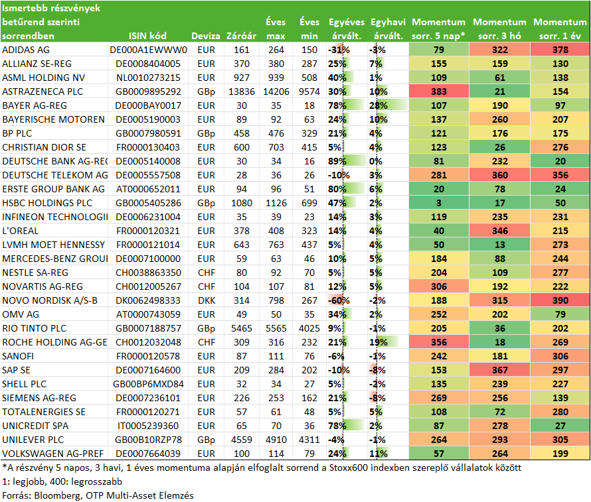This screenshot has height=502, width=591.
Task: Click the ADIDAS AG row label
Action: click(x=26, y=50)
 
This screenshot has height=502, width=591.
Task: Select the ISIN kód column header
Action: click(x=147, y=36)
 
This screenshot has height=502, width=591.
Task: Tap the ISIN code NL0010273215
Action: click(x=148, y=78)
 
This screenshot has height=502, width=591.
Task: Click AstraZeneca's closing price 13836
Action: click(x=242, y=92)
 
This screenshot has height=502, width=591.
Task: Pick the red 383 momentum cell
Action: click(x=439, y=92)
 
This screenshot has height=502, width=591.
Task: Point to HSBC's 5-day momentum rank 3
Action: click(x=439, y=203)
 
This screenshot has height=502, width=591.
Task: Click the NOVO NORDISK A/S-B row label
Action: click(x=50, y=300)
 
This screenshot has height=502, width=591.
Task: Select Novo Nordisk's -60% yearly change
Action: click(x=339, y=300)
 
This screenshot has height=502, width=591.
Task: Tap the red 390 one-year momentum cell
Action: click(x=560, y=300)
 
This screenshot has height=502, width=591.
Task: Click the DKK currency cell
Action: click(x=206, y=300)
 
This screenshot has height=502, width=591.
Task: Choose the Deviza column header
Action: click(x=205, y=36)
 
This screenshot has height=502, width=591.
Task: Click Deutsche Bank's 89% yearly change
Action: click(x=337, y=161)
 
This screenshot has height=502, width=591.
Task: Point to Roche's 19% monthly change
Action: click(x=379, y=342)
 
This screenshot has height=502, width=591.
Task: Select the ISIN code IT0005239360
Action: click(x=148, y=426)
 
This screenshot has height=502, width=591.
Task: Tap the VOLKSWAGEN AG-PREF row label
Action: click(x=52, y=454)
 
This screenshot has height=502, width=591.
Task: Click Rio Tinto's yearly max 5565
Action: click(x=276, y=328)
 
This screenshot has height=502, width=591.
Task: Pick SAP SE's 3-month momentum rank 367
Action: click(x=500, y=370)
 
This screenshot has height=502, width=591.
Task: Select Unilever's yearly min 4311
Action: click(x=309, y=440)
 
